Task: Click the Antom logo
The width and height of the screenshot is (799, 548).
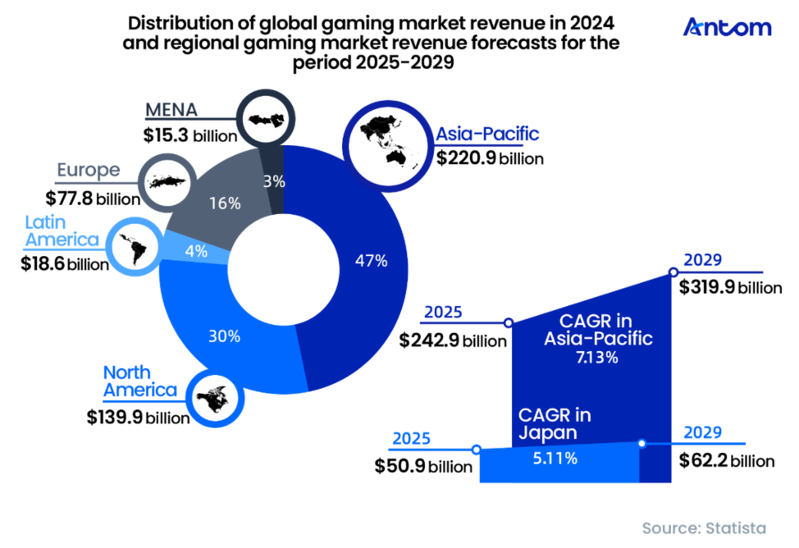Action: coord(727,27)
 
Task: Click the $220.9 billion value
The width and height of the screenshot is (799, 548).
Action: coord(490,158)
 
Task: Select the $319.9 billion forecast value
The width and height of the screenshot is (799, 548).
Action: coord(730,288)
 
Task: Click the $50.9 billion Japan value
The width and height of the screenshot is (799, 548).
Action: coord(423,466)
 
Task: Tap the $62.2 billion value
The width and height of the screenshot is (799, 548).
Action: coord(726,459)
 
